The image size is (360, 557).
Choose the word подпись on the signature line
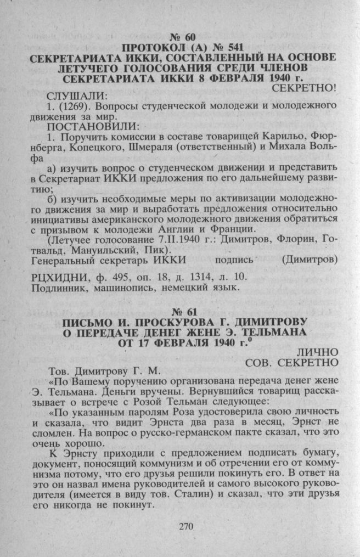coord(236,260)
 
